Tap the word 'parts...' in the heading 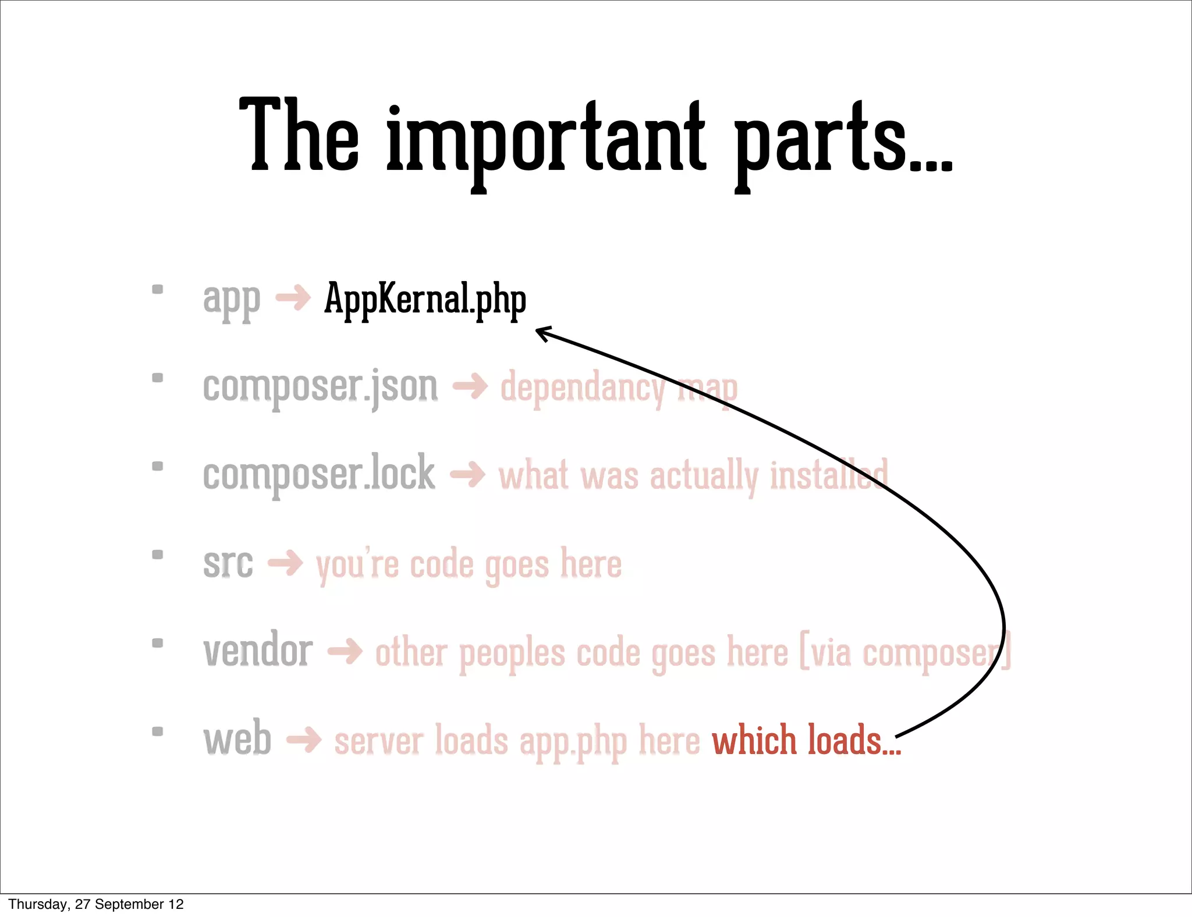tap(842, 140)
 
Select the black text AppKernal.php tap(425, 299)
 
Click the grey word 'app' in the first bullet tap(231, 300)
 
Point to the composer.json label tap(320, 386)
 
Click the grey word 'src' tap(228, 563)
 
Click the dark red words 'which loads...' tap(806, 740)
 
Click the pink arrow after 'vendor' tap(345, 652)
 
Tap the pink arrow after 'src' tap(285, 563)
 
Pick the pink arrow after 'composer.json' tap(470, 386)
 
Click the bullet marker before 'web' tap(157, 731)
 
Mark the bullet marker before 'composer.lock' tap(157, 466)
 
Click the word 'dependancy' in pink tap(582, 388)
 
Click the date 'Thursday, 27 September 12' tap(96, 904)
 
